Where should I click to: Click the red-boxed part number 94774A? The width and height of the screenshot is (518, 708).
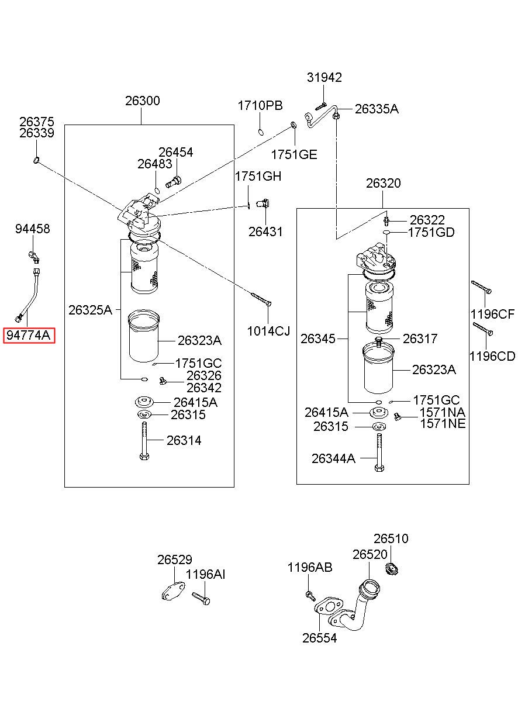click(x=29, y=335)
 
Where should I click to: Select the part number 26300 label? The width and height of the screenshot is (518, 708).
click(x=143, y=101)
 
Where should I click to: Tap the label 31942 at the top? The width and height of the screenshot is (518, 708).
click(x=324, y=77)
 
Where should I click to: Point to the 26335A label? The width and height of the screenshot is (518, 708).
click(x=377, y=109)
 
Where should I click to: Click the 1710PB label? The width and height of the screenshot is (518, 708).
click(x=260, y=106)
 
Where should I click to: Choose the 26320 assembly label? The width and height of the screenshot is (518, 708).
click(x=384, y=184)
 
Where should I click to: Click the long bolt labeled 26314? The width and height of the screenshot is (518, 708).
click(x=144, y=441)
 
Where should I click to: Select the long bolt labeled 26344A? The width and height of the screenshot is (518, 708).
click(x=379, y=452)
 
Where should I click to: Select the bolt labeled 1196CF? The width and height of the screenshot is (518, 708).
click(x=481, y=287)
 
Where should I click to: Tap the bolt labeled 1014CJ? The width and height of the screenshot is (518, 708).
click(x=261, y=299)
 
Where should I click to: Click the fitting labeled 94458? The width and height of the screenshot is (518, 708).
click(x=33, y=257)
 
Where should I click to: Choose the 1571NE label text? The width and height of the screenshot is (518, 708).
click(x=443, y=423)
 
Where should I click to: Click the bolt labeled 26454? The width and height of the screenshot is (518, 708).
click(x=174, y=182)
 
